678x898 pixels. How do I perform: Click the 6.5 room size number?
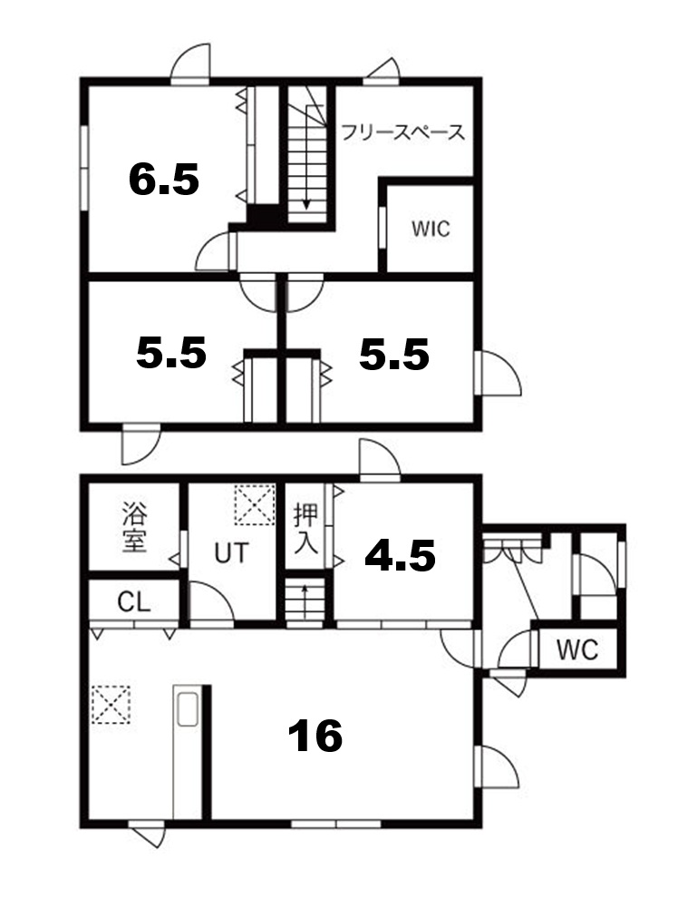coord(164,179)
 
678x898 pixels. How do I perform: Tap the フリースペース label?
coord(402,132)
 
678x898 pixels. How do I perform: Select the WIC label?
coord(431,229)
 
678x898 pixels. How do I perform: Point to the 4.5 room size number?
coord(400,555)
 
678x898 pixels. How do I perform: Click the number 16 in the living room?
coord(315,736)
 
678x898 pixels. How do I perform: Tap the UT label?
coord(232,552)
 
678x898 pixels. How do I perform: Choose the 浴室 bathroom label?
coord(134,527)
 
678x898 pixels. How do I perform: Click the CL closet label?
coord(134,602)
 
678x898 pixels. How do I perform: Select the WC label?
coord(577,649)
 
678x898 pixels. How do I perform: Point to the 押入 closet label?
coord(305,528)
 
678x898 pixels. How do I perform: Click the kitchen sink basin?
coord(188,709)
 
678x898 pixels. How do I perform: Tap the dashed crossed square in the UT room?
coord(255,504)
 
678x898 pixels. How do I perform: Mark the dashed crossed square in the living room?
coord(111,704)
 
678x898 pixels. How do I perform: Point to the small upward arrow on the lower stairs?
coord(305,601)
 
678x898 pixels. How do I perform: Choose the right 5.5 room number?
coord(394,354)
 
